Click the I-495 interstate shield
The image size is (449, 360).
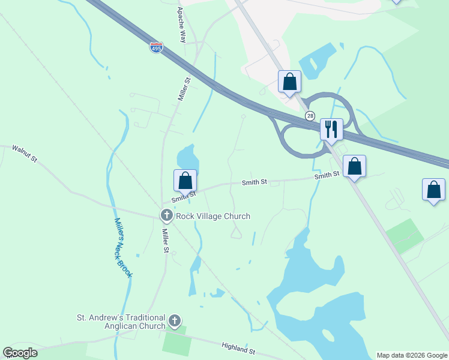point(156,47)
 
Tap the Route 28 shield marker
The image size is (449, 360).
point(310,115)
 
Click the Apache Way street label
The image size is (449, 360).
point(181,25)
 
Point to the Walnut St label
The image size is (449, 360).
point(25,154)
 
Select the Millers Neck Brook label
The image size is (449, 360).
point(123,246)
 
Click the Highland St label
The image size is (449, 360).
point(238,347)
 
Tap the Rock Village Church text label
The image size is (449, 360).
point(212,216)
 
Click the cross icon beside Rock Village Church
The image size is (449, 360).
point(167,215)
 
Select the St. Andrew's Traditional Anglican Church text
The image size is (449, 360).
point(121,322)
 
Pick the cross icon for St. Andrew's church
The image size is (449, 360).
point(175,322)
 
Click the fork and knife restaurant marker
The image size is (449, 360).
point(331,128)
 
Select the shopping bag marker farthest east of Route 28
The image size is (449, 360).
point(433,190)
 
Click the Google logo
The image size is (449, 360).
point(20,353)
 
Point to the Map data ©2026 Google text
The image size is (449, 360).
point(411,355)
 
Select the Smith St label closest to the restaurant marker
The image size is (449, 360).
point(327,175)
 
